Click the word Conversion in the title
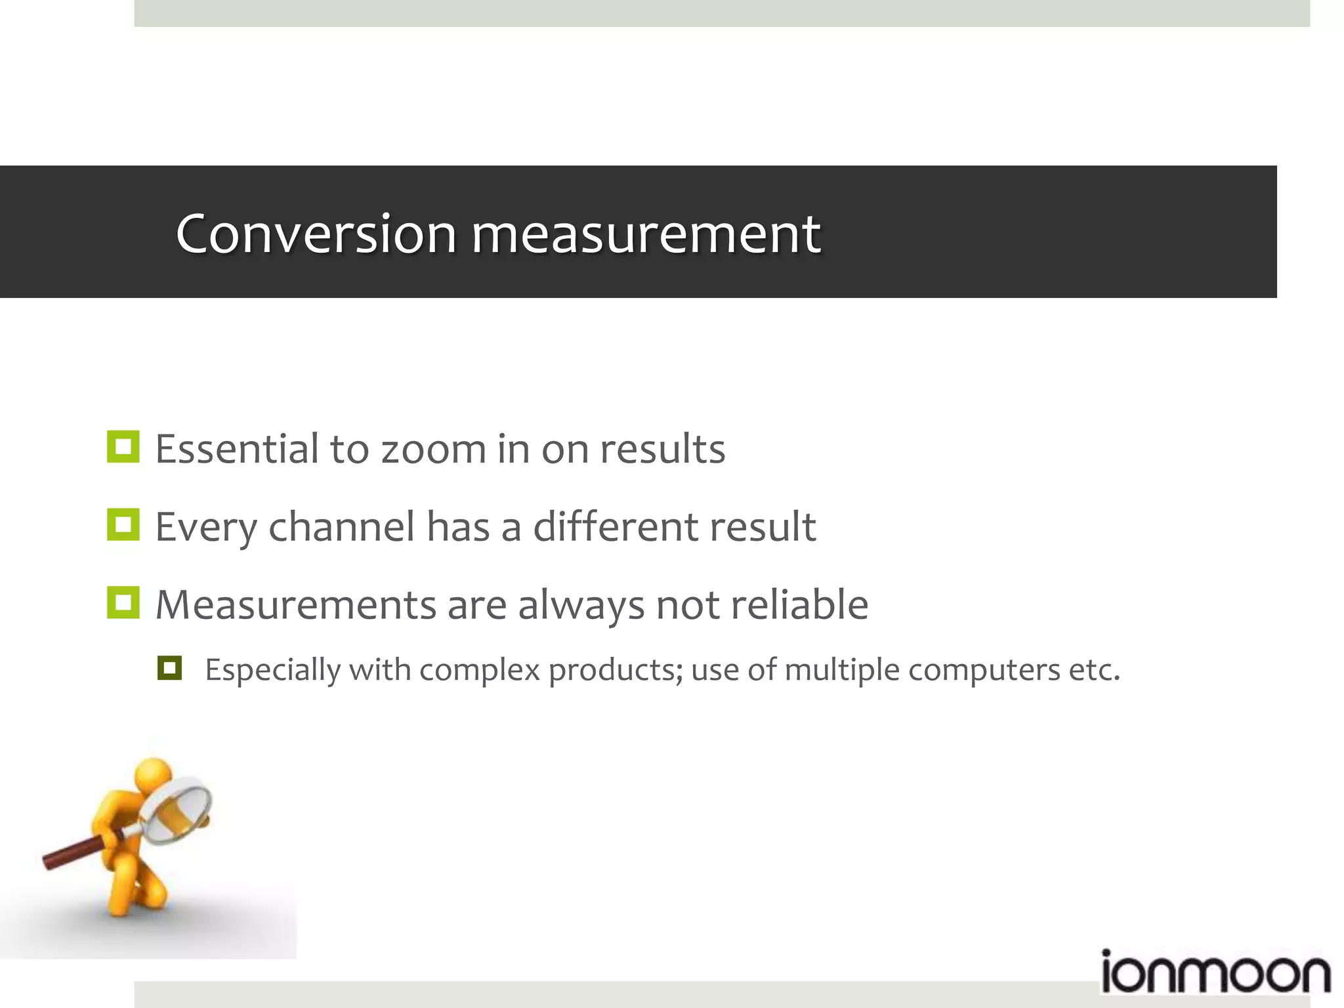pos(316,234)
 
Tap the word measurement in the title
pos(646,235)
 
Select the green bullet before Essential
pos(123,447)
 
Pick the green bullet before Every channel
pos(123,525)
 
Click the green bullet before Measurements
pos(123,602)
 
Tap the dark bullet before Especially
pos(169,668)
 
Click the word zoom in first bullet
pos(433,450)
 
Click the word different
pos(614,527)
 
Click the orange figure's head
pos(152,774)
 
